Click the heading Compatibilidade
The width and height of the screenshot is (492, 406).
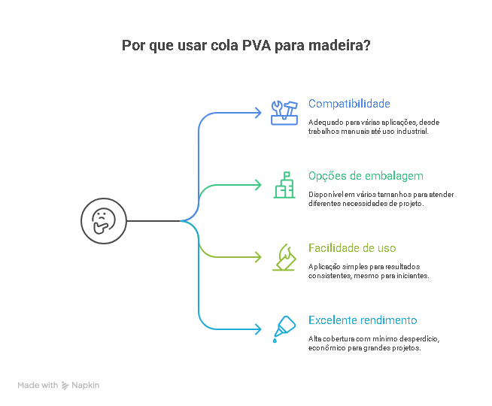click(x=349, y=104)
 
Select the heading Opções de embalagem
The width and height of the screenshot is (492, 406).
click(x=366, y=176)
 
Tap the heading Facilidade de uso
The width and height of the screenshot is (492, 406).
click(x=352, y=248)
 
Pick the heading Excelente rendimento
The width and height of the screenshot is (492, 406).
click(x=363, y=320)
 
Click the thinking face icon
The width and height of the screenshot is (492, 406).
click(x=100, y=221)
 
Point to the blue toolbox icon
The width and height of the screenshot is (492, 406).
click(x=284, y=113)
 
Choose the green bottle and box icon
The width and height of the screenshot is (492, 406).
click(x=284, y=185)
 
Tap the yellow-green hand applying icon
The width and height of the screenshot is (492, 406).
click(x=284, y=257)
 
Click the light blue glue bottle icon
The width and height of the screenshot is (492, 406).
click(x=284, y=329)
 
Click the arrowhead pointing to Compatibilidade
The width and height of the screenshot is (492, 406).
click(x=258, y=113)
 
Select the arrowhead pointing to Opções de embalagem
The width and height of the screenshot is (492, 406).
click(x=258, y=185)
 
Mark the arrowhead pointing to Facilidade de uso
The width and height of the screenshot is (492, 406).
click(x=258, y=257)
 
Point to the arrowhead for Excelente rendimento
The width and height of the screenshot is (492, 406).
click(x=258, y=329)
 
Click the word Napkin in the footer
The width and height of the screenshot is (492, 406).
click(x=85, y=385)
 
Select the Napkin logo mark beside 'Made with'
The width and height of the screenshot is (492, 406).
click(x=65, y=385)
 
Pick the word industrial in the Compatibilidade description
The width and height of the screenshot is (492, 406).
click(x=411, y=131)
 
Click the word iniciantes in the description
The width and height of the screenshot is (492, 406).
click(x=412, y=275)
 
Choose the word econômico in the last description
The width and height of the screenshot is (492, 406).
click(x=326, y=347)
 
